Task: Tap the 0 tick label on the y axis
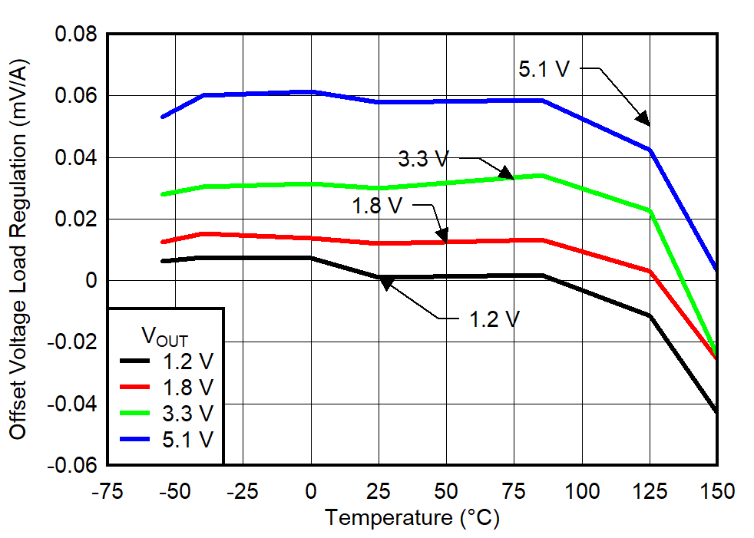click(x=91, y=281)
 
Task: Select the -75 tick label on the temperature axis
click(x=107, y=490)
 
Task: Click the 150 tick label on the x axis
click(x=716, y=490)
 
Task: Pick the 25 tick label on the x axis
click(x=379, y=490)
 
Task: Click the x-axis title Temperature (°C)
click(x=412, y=518)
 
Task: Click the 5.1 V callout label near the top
click(x=544, y=69)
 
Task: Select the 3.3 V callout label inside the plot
click(x=423, y=160)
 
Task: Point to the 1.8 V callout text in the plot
click(x=378, y=206)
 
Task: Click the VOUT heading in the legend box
click(x=164, y=335)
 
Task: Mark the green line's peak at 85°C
click(x=542, y=175)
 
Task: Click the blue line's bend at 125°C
click(x=650, y=150)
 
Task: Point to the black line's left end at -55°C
click(x=163, y=261)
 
